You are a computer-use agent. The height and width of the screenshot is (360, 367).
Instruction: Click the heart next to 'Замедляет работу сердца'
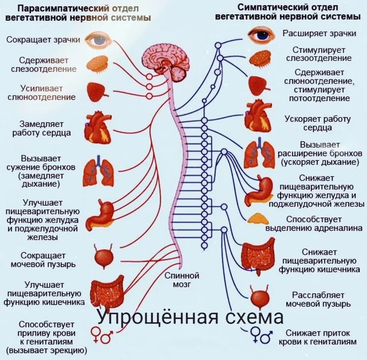coord(97,126)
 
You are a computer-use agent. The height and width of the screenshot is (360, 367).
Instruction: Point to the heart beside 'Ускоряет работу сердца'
coord(258,118)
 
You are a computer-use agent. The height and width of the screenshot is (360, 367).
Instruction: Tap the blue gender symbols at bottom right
coord(263,334)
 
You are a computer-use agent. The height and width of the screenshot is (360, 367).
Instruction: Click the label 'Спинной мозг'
coord(182,280)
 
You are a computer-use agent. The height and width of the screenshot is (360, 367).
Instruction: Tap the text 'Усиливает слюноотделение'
coord(41,92)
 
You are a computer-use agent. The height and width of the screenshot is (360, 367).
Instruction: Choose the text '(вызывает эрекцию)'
coord(46,350)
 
